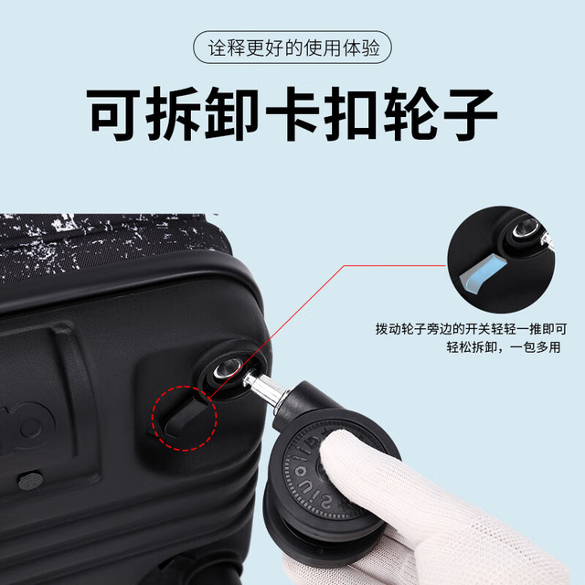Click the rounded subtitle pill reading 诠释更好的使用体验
(292, 48)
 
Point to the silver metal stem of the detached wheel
(265, 389)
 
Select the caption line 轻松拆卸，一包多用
(504, 347)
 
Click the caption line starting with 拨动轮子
(472, 329)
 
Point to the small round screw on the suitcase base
(30, 482)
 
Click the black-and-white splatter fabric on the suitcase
(108, 242)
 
